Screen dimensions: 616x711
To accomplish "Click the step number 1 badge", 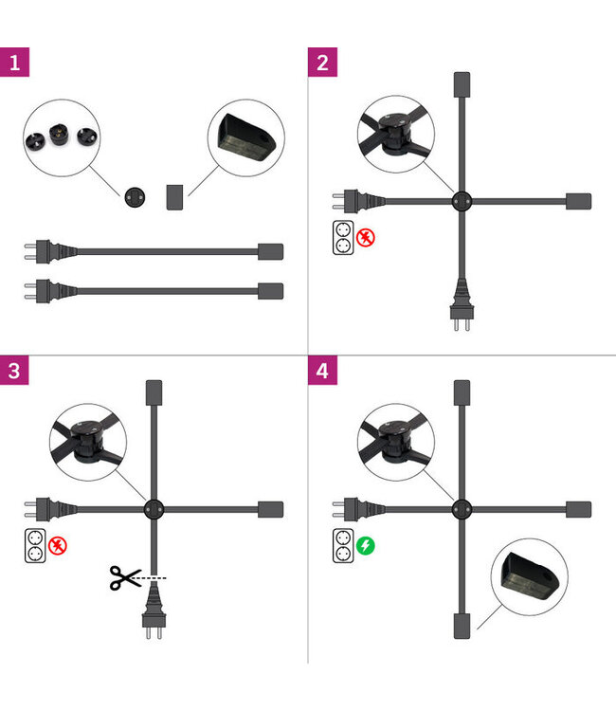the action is click(x=14, y=63).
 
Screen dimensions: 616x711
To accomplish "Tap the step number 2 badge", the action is click(x=322, y=63).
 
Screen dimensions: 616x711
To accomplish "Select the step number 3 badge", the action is click(x=14, y=371).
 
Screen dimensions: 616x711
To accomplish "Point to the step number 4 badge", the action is click(x=322, y=371).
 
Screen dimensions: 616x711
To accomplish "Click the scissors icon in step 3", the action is click(x=125, y=577).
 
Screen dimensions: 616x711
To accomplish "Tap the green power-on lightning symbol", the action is click(x=366, y=545).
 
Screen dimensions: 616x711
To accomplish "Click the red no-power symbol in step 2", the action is click(x=366, y=238).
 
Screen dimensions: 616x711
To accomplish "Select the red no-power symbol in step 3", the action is click(x=58, y=545).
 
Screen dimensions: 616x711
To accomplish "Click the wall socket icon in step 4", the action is click(x=343, y=545).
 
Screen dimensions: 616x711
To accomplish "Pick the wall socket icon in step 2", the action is click(x=343, y=238).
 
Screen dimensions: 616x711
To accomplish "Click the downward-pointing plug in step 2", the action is click(x=462, y=304).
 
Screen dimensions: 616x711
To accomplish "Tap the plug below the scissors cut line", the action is click(x=154, y=611).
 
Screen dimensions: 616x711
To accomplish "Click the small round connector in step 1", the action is click(x=135, y=197).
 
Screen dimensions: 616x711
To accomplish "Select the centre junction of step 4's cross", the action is click(x=462, y=509).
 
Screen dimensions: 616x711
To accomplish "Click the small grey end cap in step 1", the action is click(x=174, y=197).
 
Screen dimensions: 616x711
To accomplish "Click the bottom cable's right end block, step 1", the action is click(x=271, y=291).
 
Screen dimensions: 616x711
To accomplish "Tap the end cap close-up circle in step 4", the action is click(x=530, y=576).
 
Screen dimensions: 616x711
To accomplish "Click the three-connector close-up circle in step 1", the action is click(x=62, y=137).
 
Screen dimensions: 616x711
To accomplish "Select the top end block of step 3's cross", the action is click(x=154, y=392).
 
